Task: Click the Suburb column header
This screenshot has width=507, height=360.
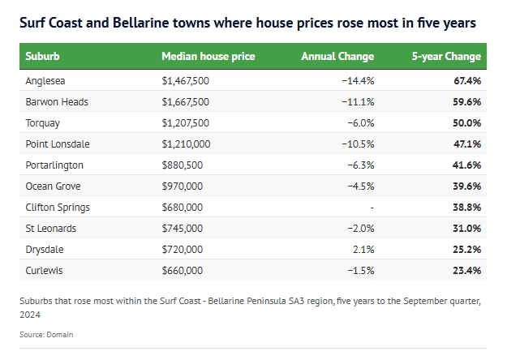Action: click(x=42, y=56)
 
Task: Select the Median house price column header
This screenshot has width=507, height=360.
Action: click(x=208, y=57)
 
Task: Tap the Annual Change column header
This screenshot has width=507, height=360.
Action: click(x=337, y=57)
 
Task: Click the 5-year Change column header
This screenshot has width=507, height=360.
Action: click(x=446, y=57)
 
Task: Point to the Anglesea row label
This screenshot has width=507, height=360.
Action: click(x=45, y=81)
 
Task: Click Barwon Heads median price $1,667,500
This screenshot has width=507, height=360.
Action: click(x=186, y=102)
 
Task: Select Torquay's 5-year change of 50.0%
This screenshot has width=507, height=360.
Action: click(x=467, y=122)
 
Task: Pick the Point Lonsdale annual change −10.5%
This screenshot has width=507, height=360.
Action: click(x=358, y=144)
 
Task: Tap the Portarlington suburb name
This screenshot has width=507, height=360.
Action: click(x=54, y=165)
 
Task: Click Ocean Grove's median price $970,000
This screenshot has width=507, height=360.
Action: click(x=183, y=186)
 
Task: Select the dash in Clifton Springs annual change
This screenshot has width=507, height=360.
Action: click(x=372, y=208)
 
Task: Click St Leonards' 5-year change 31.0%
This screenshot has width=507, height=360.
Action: click(x=467, y=228)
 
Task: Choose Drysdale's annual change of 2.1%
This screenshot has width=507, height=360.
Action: click(x=363, y=249)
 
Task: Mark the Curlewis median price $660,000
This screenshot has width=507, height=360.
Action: click(x=183, y=271)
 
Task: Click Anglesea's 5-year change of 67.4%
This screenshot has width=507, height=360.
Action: click(x=467, y=81)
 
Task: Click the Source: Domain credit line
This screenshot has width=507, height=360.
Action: click(x=46, y=335)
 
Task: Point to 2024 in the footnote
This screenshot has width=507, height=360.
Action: click(x=30, y=315)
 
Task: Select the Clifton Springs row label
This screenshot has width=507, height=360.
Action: click(x=58, y=208)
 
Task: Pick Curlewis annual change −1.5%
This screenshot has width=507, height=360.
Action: click(x=361, y=271)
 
